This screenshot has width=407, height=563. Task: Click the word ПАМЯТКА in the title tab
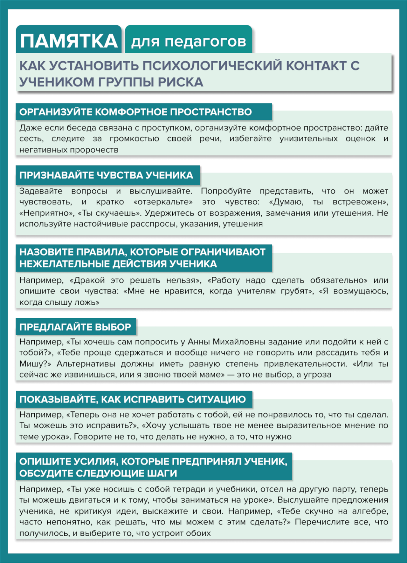click(69, 41)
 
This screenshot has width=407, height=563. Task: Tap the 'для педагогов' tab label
click(189, 42)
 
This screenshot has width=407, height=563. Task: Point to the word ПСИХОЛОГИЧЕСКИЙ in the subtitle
click(212, 66)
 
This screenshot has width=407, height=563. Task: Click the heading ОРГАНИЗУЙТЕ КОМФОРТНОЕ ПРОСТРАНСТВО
click(135, 112)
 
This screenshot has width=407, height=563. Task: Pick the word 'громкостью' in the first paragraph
click(134, 139)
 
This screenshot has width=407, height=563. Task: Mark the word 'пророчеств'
click(94, 150)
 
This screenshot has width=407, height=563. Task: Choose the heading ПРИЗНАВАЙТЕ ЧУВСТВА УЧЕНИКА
click(106, 175)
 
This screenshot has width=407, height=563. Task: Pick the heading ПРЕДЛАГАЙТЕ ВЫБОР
click(75, 327)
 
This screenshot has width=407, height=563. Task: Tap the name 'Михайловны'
click(239, 342)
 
